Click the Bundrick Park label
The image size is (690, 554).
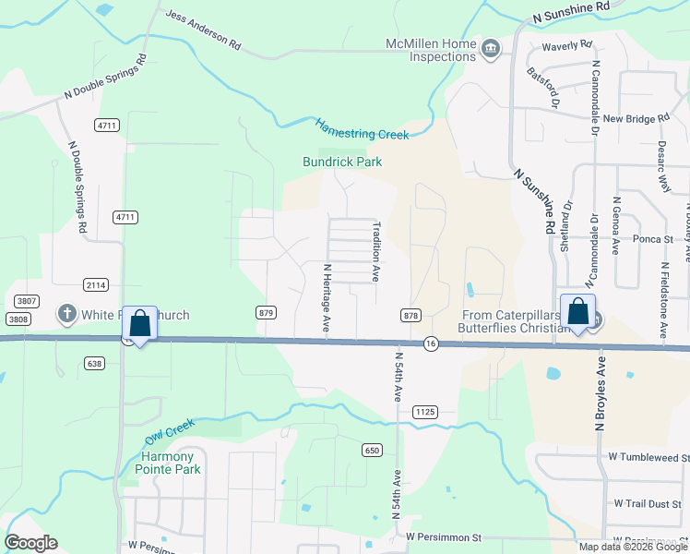point(342,162)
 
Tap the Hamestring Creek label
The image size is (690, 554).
point(362,128)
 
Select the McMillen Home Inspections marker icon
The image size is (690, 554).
point(491,49)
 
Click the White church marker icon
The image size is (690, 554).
point(66,315)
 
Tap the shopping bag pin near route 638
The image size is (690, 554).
point(139,325)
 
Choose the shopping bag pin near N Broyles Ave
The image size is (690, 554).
point(577,313)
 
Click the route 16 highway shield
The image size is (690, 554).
point(431,343)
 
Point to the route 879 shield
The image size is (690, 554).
point(267,313)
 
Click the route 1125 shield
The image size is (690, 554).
point(424,411)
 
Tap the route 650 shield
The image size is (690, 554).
point(372,450)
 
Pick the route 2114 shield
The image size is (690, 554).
point(95,283)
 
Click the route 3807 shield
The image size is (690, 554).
point(26,301)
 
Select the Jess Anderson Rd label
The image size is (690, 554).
point(202,30)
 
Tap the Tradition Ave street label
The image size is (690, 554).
point(376,250)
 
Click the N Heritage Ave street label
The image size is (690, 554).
point(327,298)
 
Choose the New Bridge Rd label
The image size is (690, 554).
point(636,119)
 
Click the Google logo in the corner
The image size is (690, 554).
point(30,543)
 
